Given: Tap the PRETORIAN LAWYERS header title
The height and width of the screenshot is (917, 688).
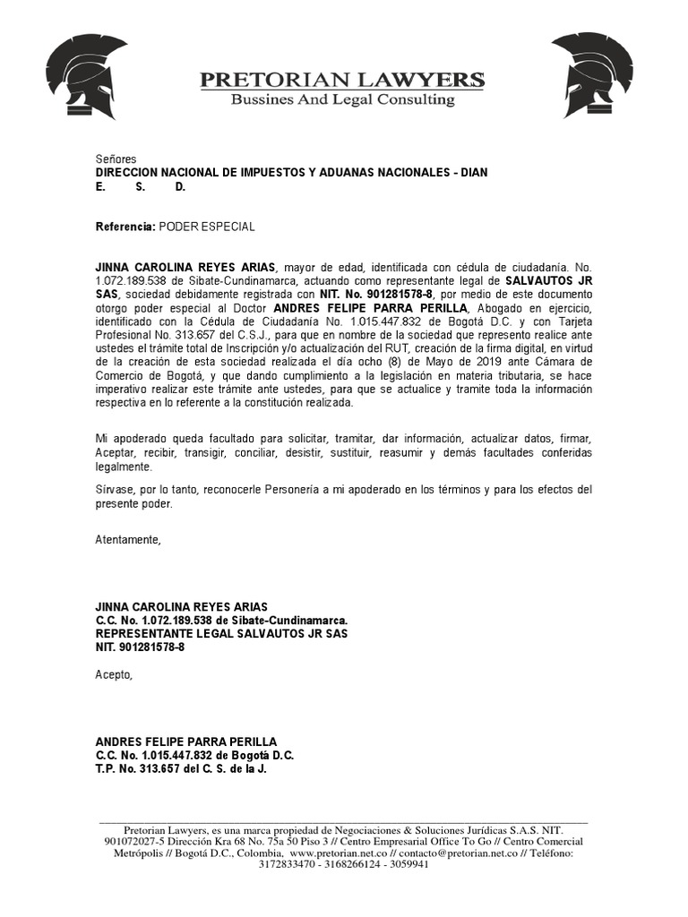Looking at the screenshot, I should [x=342, y=79].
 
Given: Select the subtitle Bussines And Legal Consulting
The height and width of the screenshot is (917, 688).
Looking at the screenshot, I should [x=342, y=99].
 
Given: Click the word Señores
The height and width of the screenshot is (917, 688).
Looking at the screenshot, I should [x=116, y=159].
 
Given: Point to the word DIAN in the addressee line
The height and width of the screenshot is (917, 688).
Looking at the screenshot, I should [x=474, y=172].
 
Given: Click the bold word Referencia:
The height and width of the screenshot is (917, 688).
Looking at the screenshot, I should [x=125, y=227].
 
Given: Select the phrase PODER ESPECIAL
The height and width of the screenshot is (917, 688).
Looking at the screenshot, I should [x=207, y=227].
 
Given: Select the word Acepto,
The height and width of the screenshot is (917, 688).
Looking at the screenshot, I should [x=114, y=674].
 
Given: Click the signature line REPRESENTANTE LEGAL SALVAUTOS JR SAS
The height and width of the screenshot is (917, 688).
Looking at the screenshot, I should [x=221, y=633].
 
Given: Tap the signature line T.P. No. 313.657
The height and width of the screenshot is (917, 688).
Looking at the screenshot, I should [x=182, y=767].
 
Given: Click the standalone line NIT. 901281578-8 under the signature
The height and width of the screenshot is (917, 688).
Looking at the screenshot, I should [x=140, y=647].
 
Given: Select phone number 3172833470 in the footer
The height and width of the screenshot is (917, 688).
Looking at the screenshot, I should [x=288, y=865].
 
